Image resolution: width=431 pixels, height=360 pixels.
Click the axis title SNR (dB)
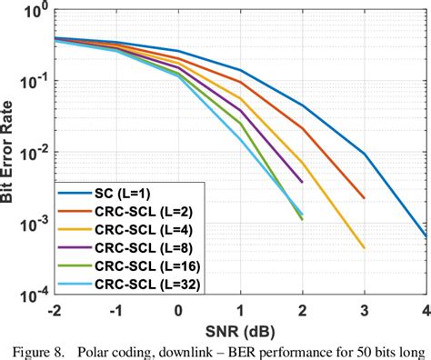pyautogui.click(x=239, y=327)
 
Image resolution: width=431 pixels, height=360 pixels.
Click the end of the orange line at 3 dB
pyautogui.click(x=364, y=197)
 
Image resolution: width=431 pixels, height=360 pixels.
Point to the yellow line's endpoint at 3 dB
pyautogui.click(x=364, y=247)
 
